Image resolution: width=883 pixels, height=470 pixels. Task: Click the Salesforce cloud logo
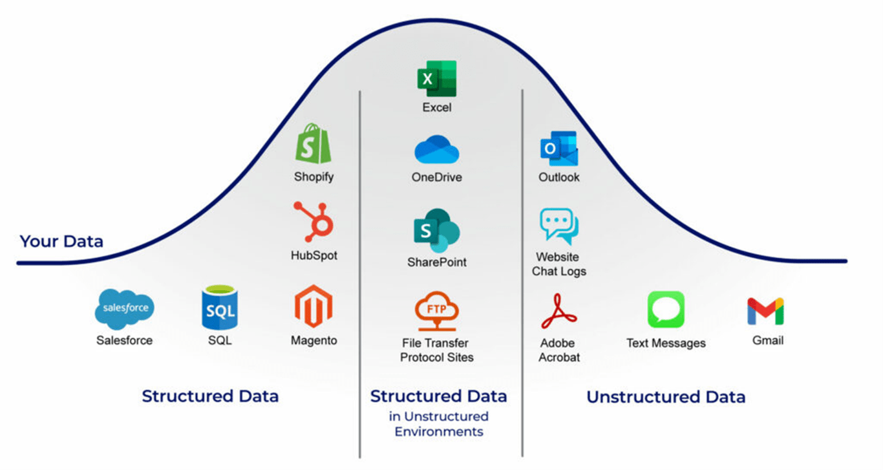coord(125,309)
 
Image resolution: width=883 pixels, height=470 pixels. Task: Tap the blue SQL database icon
coord(220,309)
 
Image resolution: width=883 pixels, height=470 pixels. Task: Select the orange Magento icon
coord(314,306)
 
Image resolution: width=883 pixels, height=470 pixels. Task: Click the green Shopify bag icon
coord(314,144)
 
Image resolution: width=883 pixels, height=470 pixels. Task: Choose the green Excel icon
coord(437,79)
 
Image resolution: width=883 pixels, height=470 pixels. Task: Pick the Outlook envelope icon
coord(559,149)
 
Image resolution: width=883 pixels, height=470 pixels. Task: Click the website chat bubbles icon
coord(559,227)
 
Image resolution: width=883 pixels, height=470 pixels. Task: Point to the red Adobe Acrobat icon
coord(559,312)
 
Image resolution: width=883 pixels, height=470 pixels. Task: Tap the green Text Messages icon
coord(666,310)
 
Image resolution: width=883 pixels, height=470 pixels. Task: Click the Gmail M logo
coord(766,311)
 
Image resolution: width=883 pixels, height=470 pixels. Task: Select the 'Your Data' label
coord(61,242)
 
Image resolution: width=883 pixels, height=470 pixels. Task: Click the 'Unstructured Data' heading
coord(666,396)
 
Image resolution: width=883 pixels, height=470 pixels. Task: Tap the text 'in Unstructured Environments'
coord(439,423)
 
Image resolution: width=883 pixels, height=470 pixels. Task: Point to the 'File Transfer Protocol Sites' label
coord(437,350)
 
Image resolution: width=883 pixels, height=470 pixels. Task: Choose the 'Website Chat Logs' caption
coord(559,264)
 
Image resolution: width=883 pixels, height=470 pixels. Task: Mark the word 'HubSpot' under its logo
coord(314,255)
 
